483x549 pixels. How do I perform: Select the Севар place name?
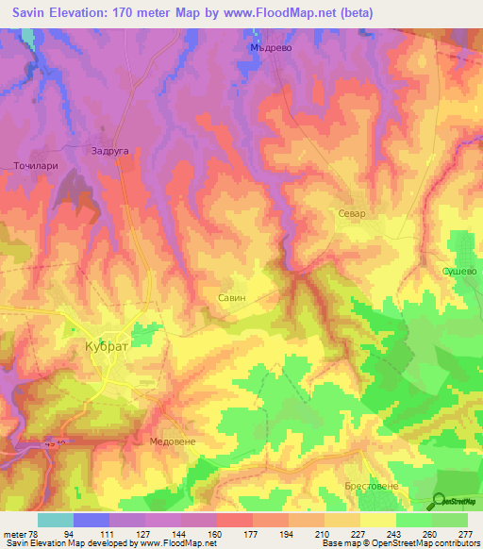click(351, 214)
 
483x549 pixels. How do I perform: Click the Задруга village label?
click(108, 149)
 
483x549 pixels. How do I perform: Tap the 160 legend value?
click(216, 533)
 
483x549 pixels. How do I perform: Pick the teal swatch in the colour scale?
click(55, 520)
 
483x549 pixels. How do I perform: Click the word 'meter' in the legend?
click(13, 533)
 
